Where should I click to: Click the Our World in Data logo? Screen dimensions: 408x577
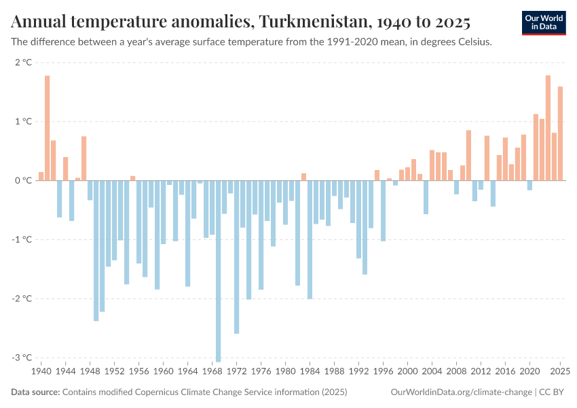click(543, 22)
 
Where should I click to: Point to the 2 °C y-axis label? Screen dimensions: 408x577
click(23, 63)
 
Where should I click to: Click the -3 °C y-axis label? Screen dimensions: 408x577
click(22, 358)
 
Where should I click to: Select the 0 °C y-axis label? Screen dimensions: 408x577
click(23, 181)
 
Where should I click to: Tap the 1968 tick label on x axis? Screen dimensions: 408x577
click(212, 372)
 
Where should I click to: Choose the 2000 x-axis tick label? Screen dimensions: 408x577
click(407, 372)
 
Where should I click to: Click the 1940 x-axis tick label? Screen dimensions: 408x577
click(41, 372)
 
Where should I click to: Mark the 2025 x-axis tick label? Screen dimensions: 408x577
click(560, 372)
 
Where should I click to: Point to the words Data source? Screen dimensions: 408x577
click(35, 392)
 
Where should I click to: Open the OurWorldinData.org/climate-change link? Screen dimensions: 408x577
click(462, 392)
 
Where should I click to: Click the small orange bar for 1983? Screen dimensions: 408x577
click(303, 177)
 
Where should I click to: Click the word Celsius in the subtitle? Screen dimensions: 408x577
click(472, 41)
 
